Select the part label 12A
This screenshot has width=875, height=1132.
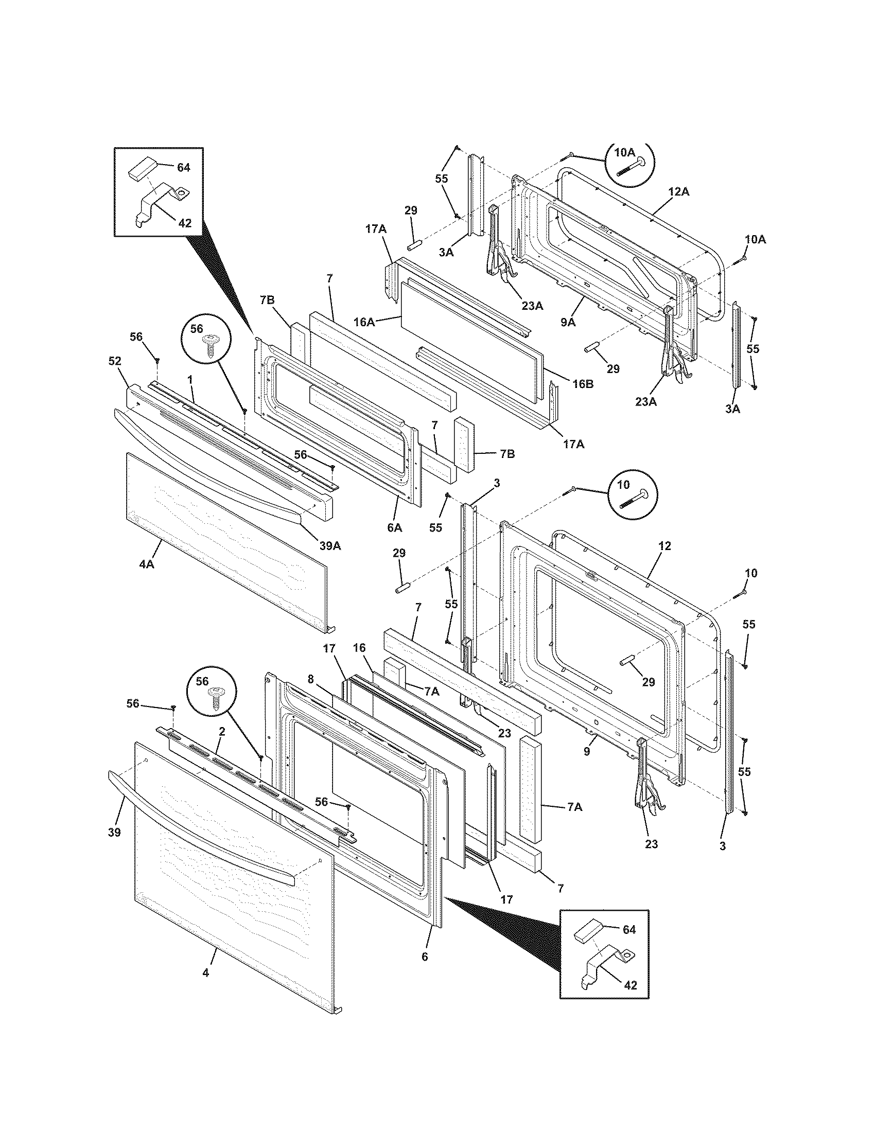[x=678, y=192]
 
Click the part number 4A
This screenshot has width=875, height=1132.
[x=147, y=564]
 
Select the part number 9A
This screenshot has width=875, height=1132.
[x=568, y=322]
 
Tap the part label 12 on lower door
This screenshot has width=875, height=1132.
[x=665, y=546]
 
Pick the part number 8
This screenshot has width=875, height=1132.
[x=310, y=679]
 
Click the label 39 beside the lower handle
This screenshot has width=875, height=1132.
[x=114, y=832]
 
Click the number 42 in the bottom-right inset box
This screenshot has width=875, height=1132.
[x=630, y=985]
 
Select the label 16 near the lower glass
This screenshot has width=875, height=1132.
[x=359, y=648]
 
